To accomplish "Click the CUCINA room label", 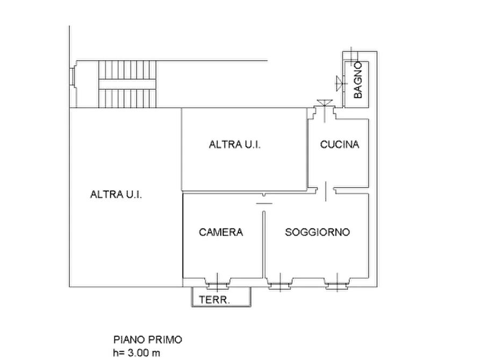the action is coord(340,144).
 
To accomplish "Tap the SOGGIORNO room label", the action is coord(317,232).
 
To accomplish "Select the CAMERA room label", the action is coord(221,232).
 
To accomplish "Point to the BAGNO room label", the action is coord(357,80).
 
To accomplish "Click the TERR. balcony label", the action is coord(214,300).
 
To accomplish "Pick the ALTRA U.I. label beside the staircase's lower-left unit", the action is coord(116,195).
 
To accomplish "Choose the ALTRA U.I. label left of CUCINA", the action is coord(235,144).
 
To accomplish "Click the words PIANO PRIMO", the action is coord(148,340).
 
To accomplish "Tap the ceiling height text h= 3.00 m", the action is coord(137,353).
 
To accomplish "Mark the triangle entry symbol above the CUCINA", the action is coord(325,103).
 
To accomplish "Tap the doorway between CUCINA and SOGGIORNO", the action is coord(326,191).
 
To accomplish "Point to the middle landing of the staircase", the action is coord(127,84).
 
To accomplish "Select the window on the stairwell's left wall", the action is coord(72,77).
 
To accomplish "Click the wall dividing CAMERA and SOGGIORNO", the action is coord(264,244).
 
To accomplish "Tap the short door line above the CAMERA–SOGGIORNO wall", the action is coord(264,203).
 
